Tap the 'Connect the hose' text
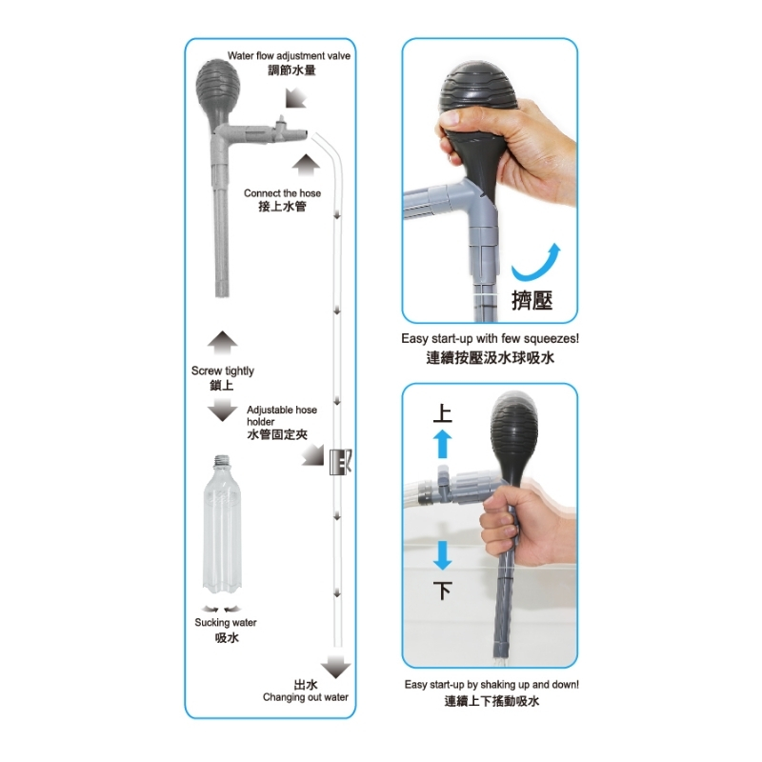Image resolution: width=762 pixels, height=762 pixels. pos(282,193)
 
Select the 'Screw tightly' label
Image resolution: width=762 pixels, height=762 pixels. pos(223,371)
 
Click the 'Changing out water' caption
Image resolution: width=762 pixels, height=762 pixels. pos(305,697)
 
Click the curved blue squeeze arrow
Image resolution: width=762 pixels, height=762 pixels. pos(538,261)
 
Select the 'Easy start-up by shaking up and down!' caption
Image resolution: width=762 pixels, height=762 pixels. pos(491,684)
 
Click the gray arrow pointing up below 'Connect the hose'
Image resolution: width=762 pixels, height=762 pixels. pos(307,166)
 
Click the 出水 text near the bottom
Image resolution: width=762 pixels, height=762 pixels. pos(306,684)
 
